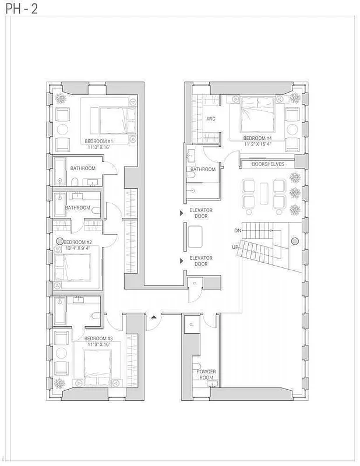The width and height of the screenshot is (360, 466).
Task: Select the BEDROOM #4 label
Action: click(257, 137)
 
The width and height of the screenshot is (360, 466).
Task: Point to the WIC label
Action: click(211, 119)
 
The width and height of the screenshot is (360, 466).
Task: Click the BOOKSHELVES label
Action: click(268, 164)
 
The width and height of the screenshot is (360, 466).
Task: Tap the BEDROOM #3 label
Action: click(98, 338)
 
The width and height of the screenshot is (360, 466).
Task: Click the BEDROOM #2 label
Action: click(77, 242)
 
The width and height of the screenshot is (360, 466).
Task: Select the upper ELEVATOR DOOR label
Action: click(200, 213)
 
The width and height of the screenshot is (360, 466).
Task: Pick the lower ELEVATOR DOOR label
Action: click(200, 261)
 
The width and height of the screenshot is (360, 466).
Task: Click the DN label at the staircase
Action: click(238, 231)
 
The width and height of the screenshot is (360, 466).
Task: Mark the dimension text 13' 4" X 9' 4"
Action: click(76, 249)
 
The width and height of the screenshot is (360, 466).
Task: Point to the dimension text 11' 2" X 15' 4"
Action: click(258, 144)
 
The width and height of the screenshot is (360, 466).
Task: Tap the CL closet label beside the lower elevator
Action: click(195, 283)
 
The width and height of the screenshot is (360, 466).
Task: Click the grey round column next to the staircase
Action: click(295, 241)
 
